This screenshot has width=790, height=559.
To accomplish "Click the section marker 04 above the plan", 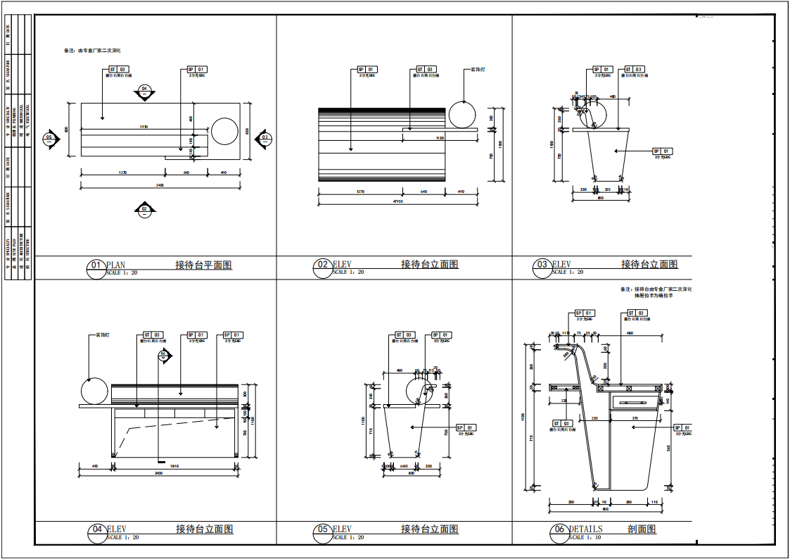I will tap(144, 90).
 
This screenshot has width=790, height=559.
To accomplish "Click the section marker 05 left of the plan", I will tap(49, 138).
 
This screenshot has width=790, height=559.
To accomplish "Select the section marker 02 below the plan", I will tap(144, 209).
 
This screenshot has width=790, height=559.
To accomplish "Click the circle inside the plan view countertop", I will tap(224, 132).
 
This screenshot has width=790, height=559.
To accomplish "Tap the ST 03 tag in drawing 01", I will tap(118, 70).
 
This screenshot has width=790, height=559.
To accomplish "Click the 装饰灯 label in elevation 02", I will tap(478, 70).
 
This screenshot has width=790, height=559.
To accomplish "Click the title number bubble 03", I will tap(542, 265).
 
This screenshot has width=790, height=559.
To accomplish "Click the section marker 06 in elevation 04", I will tap(163, 355).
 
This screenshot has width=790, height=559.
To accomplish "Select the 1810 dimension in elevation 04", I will tap(174, 465).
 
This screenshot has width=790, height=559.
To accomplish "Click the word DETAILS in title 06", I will tap(585, 529).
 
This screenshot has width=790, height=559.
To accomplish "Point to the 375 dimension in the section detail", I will tap(635, 418).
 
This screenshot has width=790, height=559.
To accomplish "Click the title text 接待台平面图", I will tap(203, 265).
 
